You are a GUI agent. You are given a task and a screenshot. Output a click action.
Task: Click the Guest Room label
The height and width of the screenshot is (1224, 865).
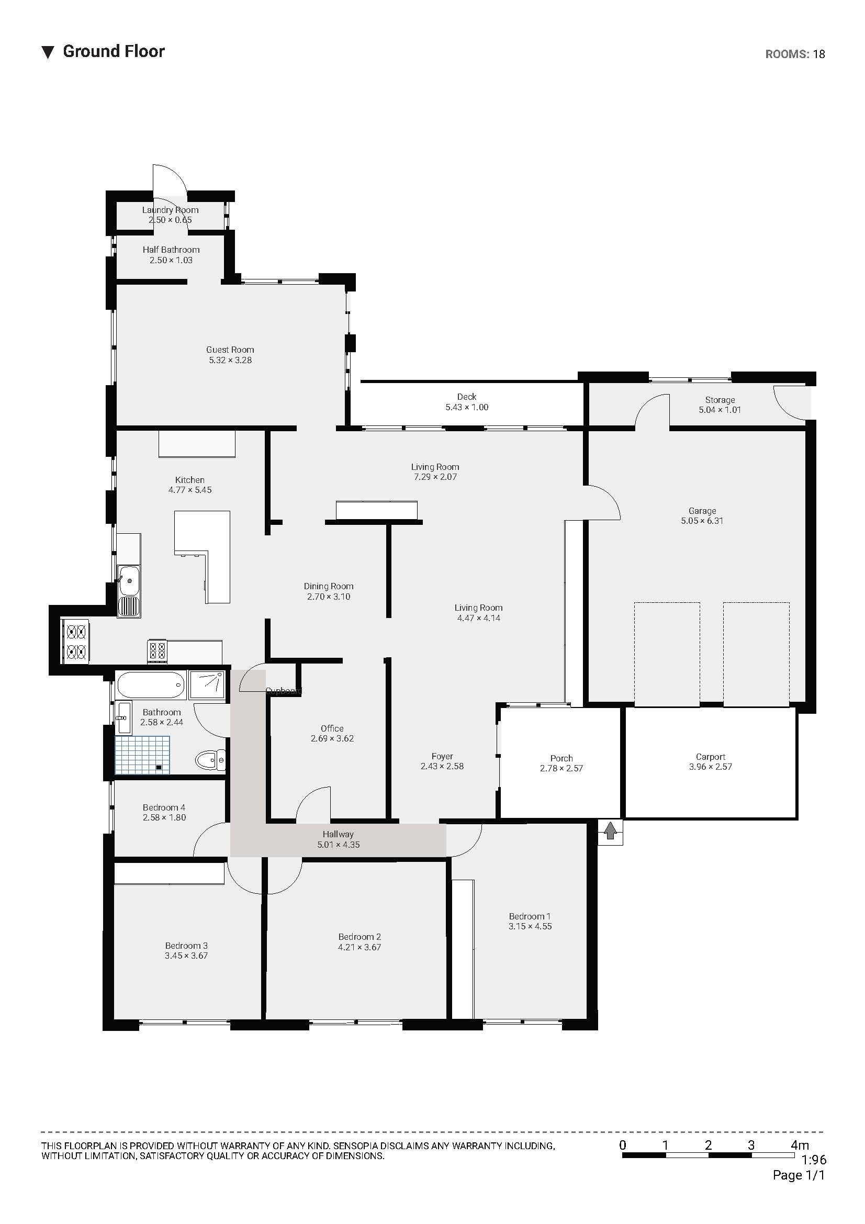pos(230,350)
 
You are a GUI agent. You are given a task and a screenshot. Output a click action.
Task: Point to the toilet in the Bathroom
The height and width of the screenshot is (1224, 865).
pos(209,759)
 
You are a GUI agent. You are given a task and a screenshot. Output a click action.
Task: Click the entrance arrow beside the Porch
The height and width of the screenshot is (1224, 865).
pos(610,831)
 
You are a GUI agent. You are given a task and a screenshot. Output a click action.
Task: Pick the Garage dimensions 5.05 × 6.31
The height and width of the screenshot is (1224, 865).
pos(702,521)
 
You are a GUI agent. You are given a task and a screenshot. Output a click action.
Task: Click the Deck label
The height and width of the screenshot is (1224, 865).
pos(466,397)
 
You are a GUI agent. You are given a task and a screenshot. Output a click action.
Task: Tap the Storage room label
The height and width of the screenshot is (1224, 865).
pos(720,400)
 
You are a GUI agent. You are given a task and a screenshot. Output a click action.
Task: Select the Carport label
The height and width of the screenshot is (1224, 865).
pos(711,757)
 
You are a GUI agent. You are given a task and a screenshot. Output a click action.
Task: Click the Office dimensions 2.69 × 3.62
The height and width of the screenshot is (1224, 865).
pos(332,738)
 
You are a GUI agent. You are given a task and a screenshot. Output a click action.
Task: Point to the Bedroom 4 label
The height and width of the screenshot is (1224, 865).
pos(164,807)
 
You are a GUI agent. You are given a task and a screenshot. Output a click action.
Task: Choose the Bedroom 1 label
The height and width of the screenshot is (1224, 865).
pos(529,916)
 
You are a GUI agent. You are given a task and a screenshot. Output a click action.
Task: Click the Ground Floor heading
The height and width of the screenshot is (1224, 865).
pos(114,51)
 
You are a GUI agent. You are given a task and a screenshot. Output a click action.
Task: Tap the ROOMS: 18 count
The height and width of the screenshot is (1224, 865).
pos(795,54)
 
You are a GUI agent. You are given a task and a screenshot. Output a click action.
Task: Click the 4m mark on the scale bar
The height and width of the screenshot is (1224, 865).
pos(800,1144)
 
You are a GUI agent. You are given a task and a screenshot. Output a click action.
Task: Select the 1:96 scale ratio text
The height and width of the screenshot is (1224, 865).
pos(814,1160)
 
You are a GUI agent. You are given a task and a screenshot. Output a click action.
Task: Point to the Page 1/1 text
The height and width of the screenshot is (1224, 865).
pos(799,1175)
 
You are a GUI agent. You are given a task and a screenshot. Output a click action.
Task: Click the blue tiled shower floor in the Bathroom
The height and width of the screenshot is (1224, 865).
pos(142,755)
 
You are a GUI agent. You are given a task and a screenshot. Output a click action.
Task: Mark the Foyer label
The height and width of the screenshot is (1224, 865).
pos(442,756)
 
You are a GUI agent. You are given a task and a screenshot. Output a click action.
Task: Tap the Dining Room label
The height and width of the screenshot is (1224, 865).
pos(328,587)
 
